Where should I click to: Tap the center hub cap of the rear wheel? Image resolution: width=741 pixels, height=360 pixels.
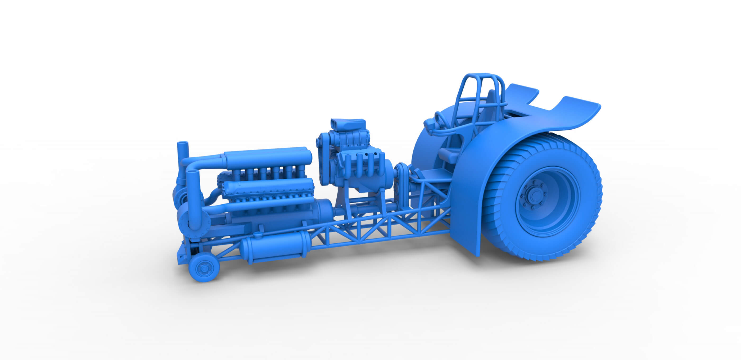click(x=535, y=195)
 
